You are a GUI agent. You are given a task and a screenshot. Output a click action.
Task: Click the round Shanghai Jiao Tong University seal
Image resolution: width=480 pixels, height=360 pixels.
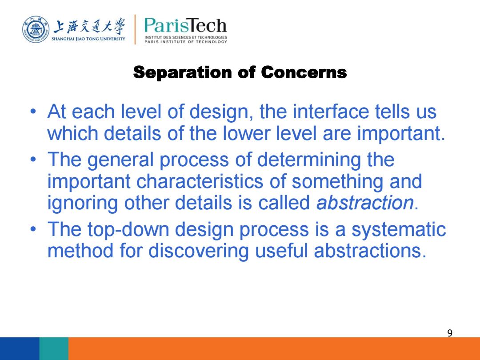tap(36, 30)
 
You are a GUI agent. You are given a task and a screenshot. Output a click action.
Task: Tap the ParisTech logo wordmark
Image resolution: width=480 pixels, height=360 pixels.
tap(185, 25)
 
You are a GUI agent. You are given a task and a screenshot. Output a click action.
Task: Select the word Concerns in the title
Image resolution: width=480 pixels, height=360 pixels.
tap(304, 72)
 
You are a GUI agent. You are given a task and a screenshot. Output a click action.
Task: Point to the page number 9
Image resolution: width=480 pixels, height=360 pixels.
tap(450, 333)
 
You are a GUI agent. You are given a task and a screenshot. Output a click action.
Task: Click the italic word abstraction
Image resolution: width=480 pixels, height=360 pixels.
tap(365, 203)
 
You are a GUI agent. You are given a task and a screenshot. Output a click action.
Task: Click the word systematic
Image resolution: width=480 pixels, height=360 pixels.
tap(399, 230)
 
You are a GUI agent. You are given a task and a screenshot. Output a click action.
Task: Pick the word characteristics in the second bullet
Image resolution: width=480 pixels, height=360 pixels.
tap(200, 181)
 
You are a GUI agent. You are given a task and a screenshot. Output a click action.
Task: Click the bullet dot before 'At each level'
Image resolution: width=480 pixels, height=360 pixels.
tap(33, 112)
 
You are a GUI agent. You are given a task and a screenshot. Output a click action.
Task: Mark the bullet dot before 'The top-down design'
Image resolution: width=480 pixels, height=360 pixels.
tap(33, 229)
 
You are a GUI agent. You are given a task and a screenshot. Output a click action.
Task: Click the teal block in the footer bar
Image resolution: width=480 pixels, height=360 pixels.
tap(54, 349)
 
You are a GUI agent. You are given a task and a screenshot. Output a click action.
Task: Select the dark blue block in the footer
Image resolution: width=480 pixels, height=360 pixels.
tap(20, 349)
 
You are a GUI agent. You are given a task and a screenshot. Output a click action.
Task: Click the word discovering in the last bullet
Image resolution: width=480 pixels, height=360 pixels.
tap(198, 251)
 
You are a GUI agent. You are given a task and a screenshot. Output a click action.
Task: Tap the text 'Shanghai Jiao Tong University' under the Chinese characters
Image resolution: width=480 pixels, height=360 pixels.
tap(88, 39)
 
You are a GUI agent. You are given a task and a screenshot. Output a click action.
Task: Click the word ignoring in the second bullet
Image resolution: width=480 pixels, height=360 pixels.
tap(82, 203)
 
